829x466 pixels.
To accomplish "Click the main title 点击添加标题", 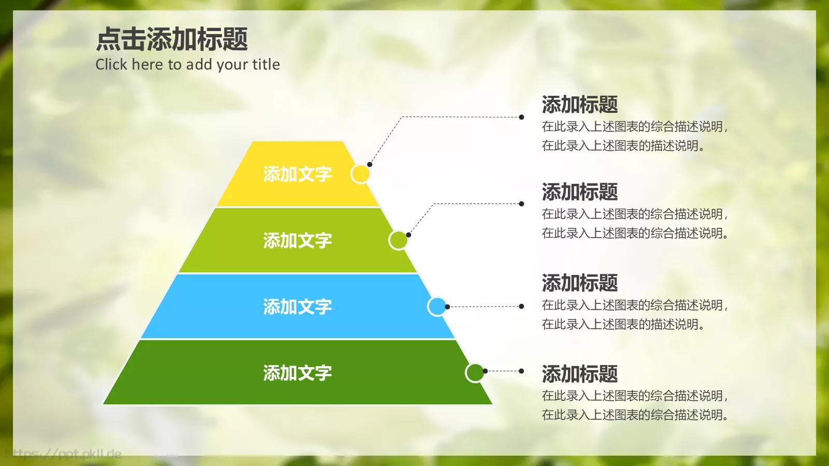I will pyautogui.click(x=172, y=39).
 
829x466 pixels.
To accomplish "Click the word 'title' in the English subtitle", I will pyautogui.click(x=266, y=64).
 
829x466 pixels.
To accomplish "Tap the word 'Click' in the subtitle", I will pyautogui.click(x=111, y=64).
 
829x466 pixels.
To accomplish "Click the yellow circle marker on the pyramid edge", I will pyautogui.click(x=360, y=174).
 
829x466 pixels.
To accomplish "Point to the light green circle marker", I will pyautogui.click(x=398, y=240).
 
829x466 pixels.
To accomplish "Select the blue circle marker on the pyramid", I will pyautogui.click(x=437, y=307).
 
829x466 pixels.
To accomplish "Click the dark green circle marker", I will pyautogui.click(x=475, y=372).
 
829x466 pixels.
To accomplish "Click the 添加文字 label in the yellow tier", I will pyautogui.click(x=297, y=174).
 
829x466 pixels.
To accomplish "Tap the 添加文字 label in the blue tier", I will pyautogui.click(x=297, y=307).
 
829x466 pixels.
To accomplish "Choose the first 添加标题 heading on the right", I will pyautogui.click(x=580, y=105).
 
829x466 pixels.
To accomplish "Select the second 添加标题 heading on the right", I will pyautogui.click(x=580, y=192).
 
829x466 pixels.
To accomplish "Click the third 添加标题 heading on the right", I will pyautogui.click(x=580, y=283).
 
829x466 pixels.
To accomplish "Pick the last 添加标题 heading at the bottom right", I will pyautogui.click(x=580, y=374).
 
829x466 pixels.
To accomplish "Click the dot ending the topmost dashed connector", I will pyautogui.click(x=521, y=117).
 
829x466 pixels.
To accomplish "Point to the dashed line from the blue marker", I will pyautogui.click(x=484, y=307).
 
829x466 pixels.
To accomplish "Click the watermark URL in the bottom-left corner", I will pyautogui.click(x=65, y=455).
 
